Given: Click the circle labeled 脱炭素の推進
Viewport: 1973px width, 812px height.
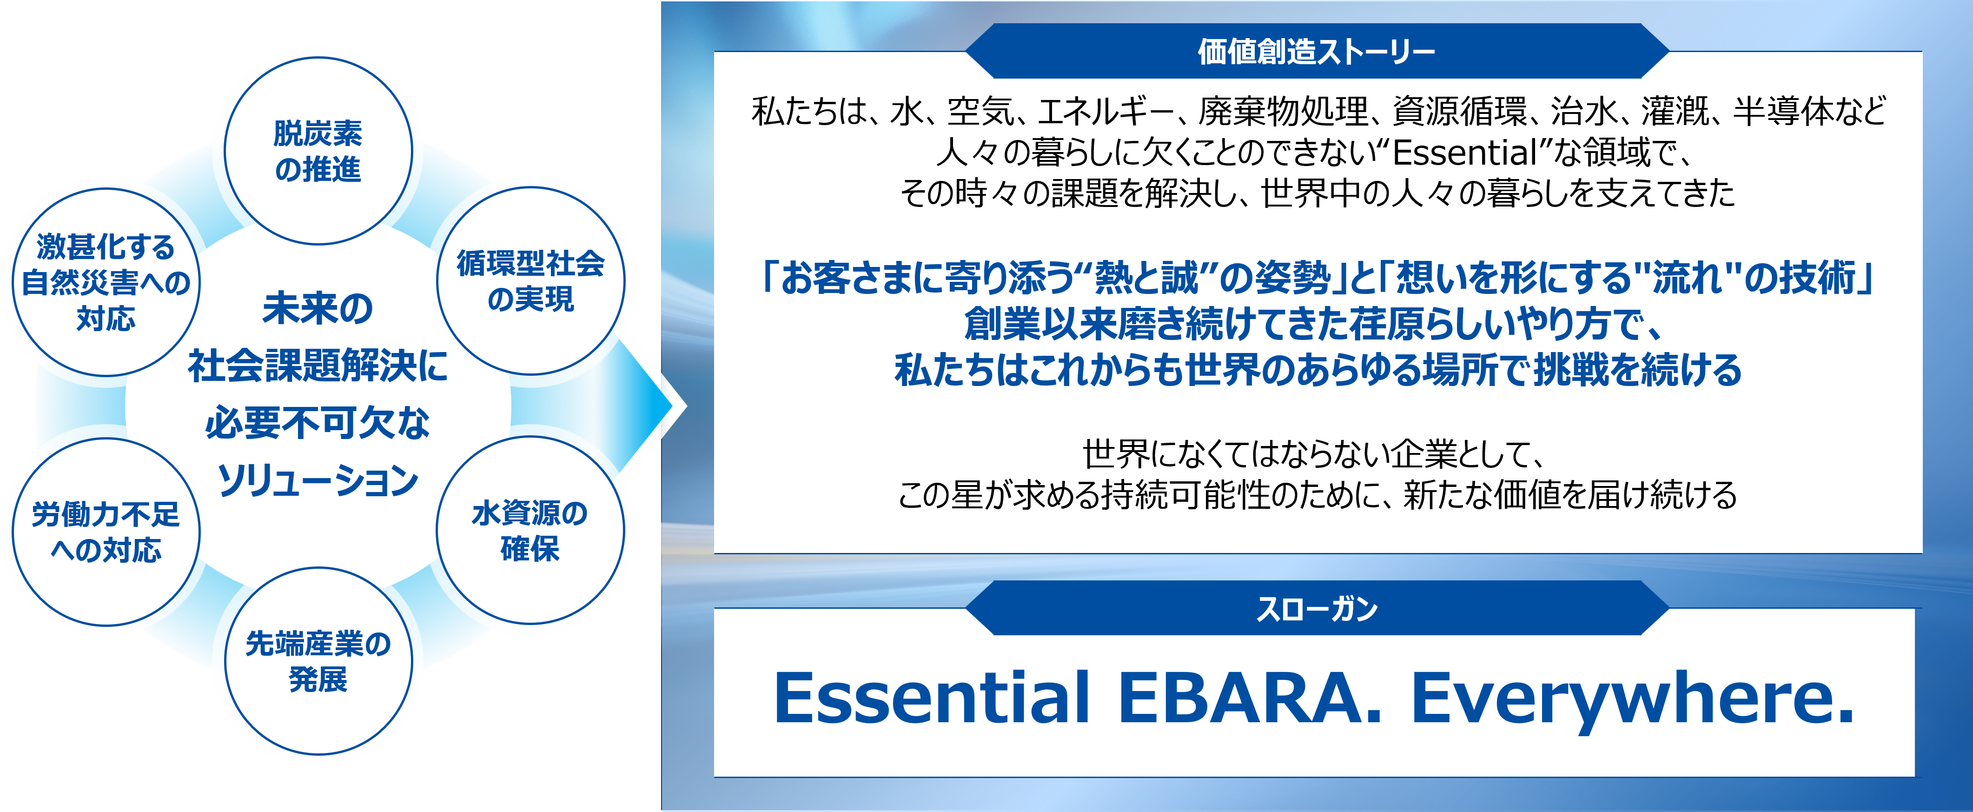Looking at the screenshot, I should pyautogui.click(x=318, y=151).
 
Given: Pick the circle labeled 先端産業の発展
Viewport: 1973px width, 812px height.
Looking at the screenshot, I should pyautogui.click(x=318, y=661).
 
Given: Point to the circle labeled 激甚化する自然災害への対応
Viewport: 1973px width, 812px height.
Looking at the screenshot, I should pyautogui.click(x=106, y=282).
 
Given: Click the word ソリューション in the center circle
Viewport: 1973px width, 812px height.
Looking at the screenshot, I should pyautogui.click(x=318, y=481).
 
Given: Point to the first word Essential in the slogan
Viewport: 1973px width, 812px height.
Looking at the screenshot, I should pyautogui.click(x=931, y=699).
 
